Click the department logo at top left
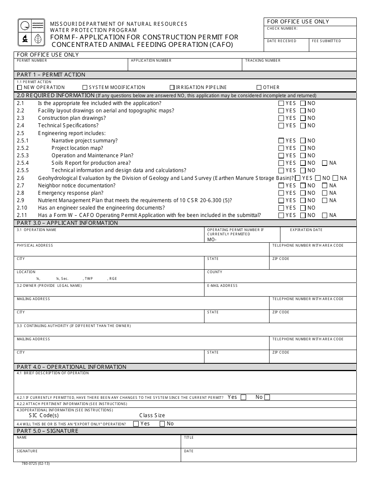pyautogui.click(x=31, y=32)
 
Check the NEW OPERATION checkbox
pyautogui.click(x=20, y=87)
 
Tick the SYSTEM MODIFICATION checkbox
pyautogui.click(x=85, y=87)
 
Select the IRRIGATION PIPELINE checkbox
pyautogui.click(x=172, y=87)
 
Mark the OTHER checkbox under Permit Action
pyautogui.click(x=259, y=87)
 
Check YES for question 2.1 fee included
pyautogui.click(x=281, y=103)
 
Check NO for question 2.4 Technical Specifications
pyautogui.click(x=303, y=126)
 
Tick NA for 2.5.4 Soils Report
pyautogui.click(x=324, y=163)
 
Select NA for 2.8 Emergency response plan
pyautogui.click(x=324, y=193)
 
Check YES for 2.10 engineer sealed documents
pyautogui.click(x=281, y=208)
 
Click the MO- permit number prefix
pyautogui.click(x=212, y=240)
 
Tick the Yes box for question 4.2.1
pyautogui.click(x=243, y=397)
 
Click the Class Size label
pyautogui.click(x=152, y=416)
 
